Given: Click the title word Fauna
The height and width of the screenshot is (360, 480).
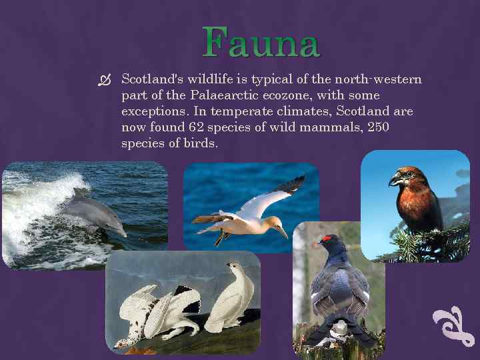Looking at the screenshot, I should [262, 43].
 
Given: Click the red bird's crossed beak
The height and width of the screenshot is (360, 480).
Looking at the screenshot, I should [396, 179].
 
